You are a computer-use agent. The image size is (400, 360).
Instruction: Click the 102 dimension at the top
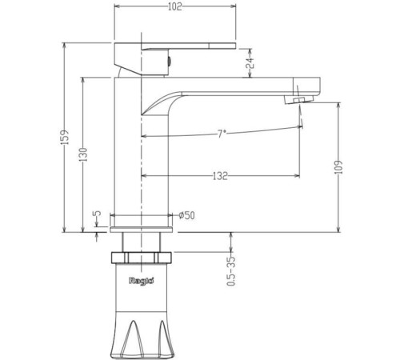coord(175,8)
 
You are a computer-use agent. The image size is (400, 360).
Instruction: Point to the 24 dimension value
coord(249,61)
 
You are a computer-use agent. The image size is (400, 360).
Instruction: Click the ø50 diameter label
coord(186,215)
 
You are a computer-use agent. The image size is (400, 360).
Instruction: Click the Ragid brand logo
coord(141,281)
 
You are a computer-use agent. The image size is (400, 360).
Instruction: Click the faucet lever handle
coord(176,48)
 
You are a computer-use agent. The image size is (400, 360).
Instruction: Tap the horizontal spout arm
coord(240,83)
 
